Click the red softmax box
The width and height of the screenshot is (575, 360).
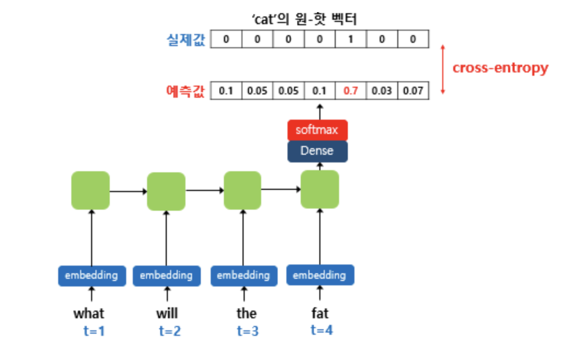(317, 131)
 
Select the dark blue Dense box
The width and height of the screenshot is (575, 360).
(317, 151)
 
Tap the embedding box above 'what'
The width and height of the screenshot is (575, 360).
(91, 275)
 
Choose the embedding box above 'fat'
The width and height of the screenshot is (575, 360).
(320, 275)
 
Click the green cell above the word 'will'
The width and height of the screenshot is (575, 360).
(166, 192)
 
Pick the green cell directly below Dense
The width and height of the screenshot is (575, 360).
(320, 189)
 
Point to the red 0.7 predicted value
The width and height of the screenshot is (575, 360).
(350, 91)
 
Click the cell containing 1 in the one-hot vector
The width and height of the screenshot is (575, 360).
(351, 40)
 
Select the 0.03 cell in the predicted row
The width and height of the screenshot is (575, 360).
(381, 91)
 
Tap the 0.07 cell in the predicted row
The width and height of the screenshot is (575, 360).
(413, 91)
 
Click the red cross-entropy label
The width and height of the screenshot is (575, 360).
(500, 67)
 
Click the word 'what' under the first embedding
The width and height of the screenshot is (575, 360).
(89, 313)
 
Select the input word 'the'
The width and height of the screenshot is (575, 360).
(246, 313)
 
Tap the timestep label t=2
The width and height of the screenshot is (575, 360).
(169, 331)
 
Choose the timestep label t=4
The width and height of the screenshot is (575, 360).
(322, 330)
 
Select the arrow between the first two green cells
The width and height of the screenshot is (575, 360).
(128, 191)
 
